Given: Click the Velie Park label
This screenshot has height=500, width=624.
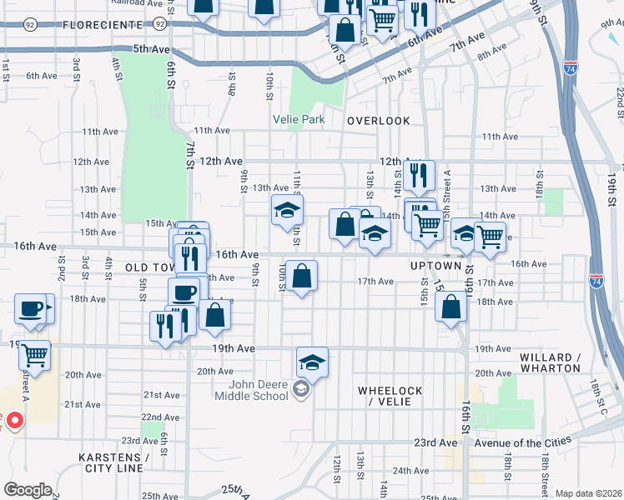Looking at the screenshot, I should click(299, 119).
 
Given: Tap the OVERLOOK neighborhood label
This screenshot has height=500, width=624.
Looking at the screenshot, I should click(379, 121).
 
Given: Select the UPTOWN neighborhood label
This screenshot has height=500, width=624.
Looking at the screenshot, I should click(435, 266).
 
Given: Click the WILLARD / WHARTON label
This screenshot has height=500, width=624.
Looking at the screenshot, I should click(550, 362).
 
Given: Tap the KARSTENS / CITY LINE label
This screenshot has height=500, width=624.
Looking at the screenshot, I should click(113, 463).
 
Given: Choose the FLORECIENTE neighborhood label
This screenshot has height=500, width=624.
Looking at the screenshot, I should click(102, 25).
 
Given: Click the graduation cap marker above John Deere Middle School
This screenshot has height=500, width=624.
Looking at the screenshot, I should click(312, 362).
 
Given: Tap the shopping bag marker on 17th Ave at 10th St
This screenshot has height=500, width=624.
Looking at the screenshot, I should click(301, 275).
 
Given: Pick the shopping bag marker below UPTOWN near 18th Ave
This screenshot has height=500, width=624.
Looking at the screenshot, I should click(450, 307).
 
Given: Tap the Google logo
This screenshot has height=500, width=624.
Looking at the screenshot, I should click(28, 489).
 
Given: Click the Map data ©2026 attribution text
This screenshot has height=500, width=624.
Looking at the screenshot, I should click(587, 493).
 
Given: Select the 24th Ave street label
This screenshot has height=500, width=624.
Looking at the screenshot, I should click(410, 470).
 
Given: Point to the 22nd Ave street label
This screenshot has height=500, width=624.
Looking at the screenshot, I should click(160, 417).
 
